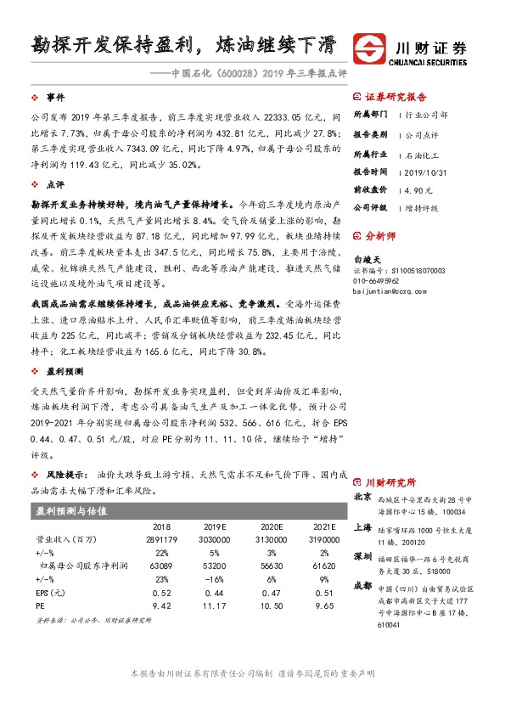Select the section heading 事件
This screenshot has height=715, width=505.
click(x=55, y=98)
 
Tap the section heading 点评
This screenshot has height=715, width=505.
click(x=55, y=183)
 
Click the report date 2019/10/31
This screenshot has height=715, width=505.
click(x=429, y=171)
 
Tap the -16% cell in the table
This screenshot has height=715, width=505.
click(x=214, y=577)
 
